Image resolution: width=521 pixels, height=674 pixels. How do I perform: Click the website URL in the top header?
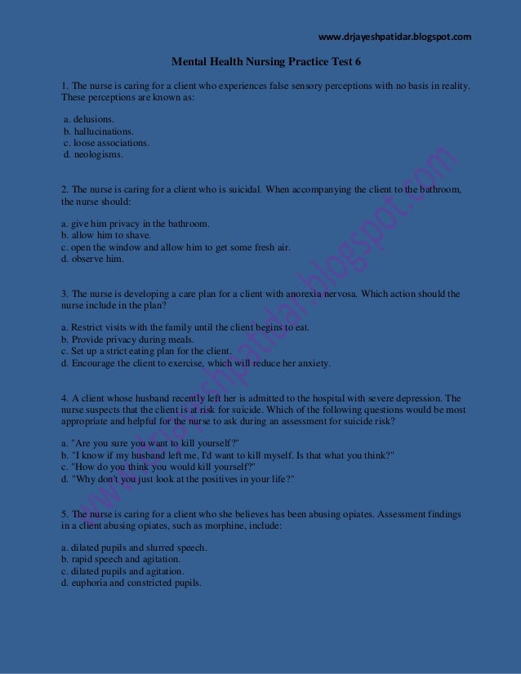[394, 37]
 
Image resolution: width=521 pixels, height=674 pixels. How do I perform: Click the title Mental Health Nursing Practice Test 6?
[265, 61]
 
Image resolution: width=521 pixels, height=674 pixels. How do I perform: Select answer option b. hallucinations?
[99, 131]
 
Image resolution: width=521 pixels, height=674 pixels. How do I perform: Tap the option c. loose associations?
[106, 142]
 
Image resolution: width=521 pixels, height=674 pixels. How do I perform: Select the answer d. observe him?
[93, 259]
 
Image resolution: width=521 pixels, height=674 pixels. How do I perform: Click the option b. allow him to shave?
[106, 235]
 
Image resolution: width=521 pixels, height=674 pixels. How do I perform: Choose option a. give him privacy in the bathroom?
[136, 224]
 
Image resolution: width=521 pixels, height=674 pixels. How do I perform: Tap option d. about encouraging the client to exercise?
[196, 363]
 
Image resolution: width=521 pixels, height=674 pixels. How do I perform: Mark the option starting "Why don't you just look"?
[178, 479]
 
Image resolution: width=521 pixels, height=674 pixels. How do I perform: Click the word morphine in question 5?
[238, 526]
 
